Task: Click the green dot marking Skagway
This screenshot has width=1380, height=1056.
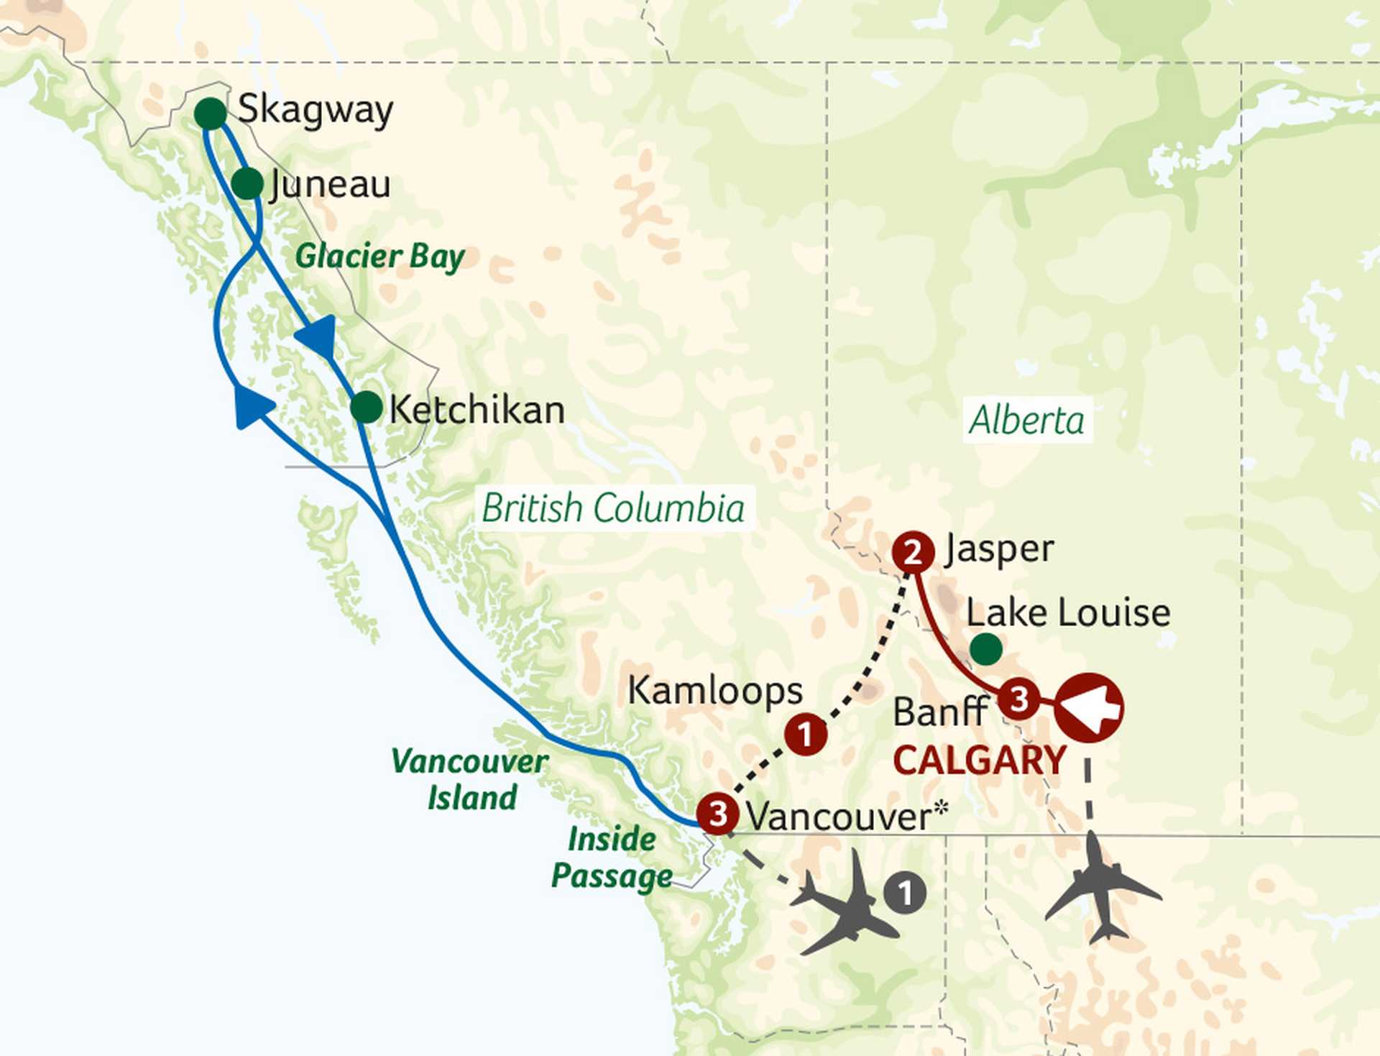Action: click(211, 114)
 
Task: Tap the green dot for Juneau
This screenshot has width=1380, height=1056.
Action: click(247, 184)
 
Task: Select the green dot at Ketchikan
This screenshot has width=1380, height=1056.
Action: click(366, 408)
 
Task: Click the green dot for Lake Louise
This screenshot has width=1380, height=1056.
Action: click(985, 649)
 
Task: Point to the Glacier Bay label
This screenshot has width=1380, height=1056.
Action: click(379, 257)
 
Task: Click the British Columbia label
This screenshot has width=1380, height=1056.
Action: click(613, 508)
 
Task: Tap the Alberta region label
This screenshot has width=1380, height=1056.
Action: click(1026, 420)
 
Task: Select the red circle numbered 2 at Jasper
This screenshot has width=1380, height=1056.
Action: click(913, 552)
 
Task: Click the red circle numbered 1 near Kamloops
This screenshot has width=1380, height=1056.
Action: click(805, 734)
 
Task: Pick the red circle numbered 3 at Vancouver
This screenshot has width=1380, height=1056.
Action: click(718, 814)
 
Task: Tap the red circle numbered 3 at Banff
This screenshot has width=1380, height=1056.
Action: click(1018, 698)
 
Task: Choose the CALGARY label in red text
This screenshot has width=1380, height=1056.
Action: click(979, 761)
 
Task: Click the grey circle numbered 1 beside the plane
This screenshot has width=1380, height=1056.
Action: click(905, 893)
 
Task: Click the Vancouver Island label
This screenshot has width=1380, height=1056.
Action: click(471, 779)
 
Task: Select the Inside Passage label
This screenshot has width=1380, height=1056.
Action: click(612, 858)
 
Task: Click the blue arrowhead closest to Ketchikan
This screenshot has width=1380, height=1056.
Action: click(318, 335)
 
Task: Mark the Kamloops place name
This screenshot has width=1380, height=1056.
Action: click(714, 691)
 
